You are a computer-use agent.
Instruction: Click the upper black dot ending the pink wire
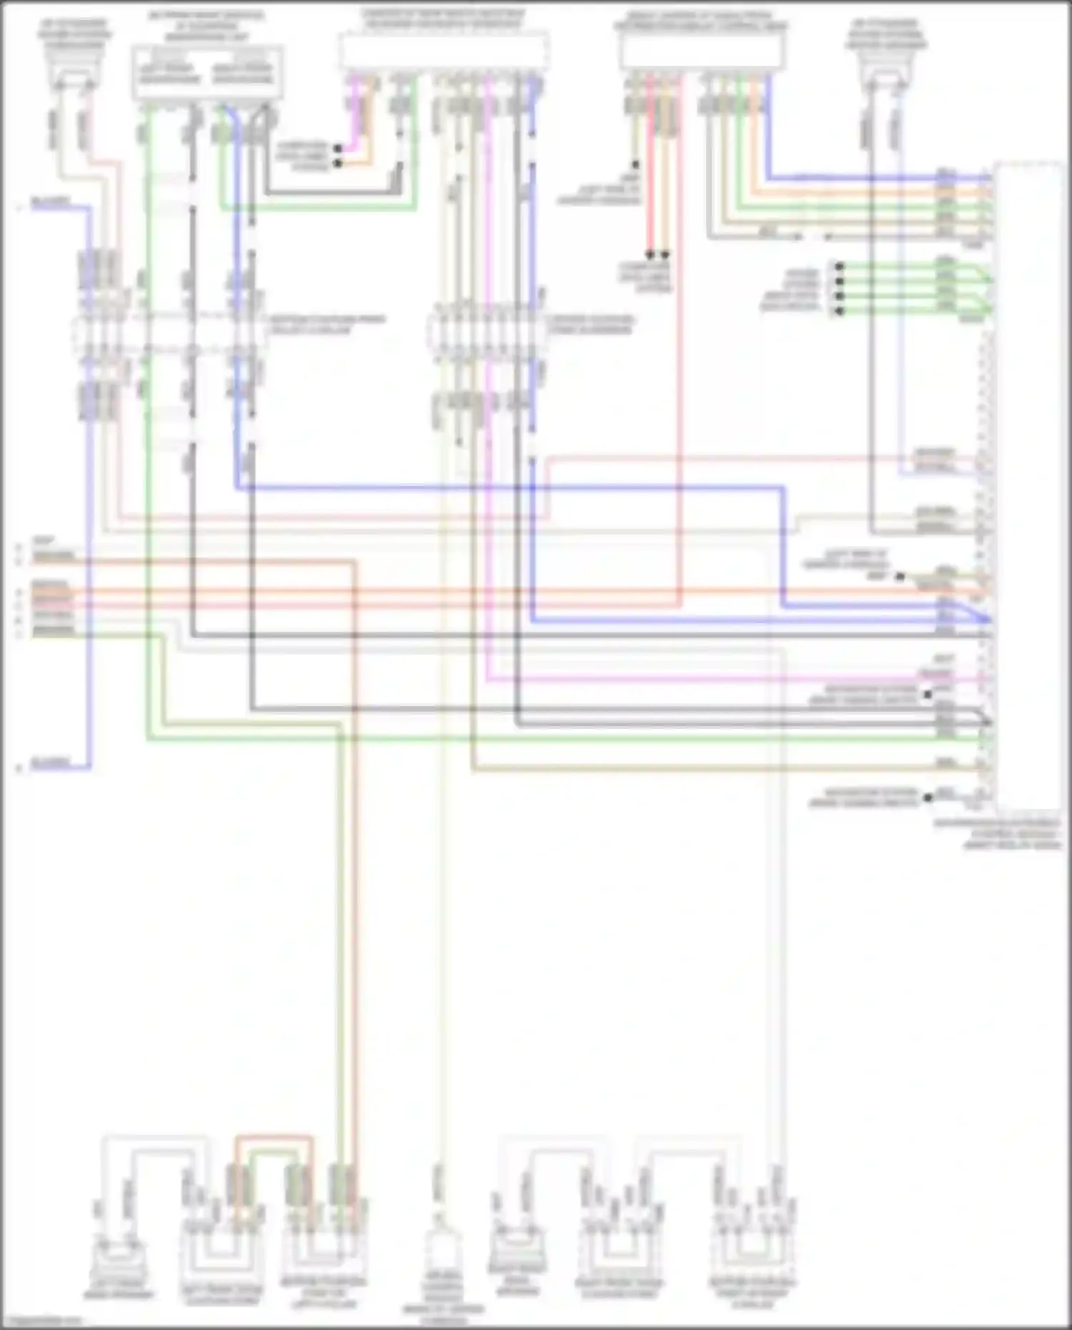coord(338,149)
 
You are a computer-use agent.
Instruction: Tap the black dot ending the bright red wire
coord(650,254)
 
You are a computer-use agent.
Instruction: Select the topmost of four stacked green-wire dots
coord(840,267)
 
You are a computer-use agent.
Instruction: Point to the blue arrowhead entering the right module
coord(987,618)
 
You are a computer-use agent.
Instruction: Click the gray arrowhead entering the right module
coord(987,722)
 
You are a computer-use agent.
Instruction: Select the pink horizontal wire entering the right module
coord(715,679)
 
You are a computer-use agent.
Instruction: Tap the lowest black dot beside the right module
coord(928,798)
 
